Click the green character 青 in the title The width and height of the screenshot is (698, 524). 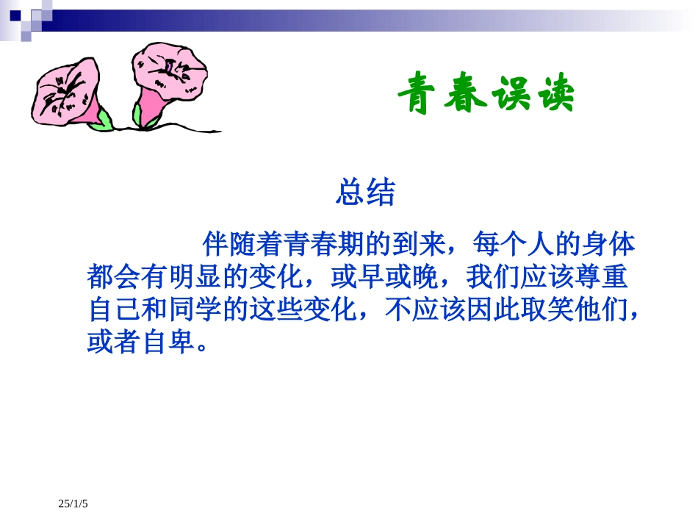coord(416,93)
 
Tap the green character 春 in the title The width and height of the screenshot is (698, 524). coord(465,93)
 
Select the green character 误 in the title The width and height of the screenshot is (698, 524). coord(512,93)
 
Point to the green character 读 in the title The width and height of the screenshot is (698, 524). coord(555,93)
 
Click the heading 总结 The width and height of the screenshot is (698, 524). coord(365,193)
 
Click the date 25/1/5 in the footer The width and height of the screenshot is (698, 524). coord(73,503)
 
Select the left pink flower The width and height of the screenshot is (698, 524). coord(66,92)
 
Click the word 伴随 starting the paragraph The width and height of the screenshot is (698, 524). coord(229,243)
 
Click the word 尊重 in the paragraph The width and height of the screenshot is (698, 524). coord(601,276)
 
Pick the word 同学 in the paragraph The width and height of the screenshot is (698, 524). coord(195,309)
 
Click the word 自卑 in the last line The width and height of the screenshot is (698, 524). coord(169,342)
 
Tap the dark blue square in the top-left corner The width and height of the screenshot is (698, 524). coord(15,15)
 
